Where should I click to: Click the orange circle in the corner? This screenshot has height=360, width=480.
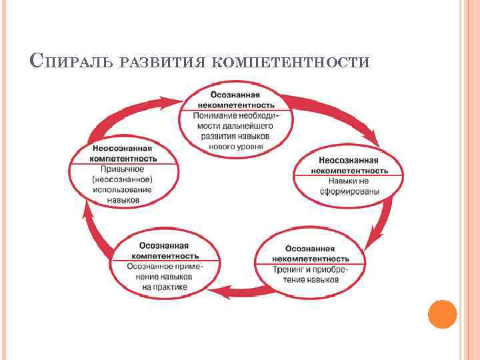tap(442, 313)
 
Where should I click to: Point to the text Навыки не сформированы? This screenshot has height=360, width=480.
tap(349, 186)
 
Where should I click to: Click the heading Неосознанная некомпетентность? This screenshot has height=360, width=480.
tap(349, 165)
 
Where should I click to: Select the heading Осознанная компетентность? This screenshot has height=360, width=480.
tap(165, 251)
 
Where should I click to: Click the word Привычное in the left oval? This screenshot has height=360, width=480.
tap(124, 169)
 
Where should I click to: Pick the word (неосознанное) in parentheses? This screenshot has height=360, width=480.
tap(123, 179)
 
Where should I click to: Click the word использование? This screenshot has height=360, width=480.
tap(123, 189)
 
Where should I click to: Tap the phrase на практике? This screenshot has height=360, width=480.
tap(165, 287)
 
